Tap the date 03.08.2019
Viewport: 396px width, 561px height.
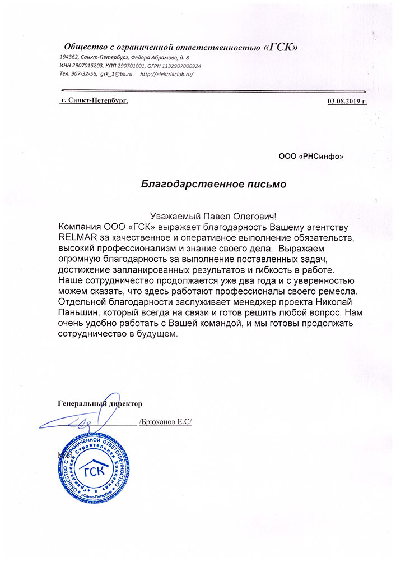(x=343, y=102)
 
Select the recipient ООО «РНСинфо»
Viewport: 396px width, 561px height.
(x=311, y=157)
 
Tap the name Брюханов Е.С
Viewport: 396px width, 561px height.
(x=165, y=420)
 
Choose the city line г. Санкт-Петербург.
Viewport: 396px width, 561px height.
(x=94, y=100)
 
